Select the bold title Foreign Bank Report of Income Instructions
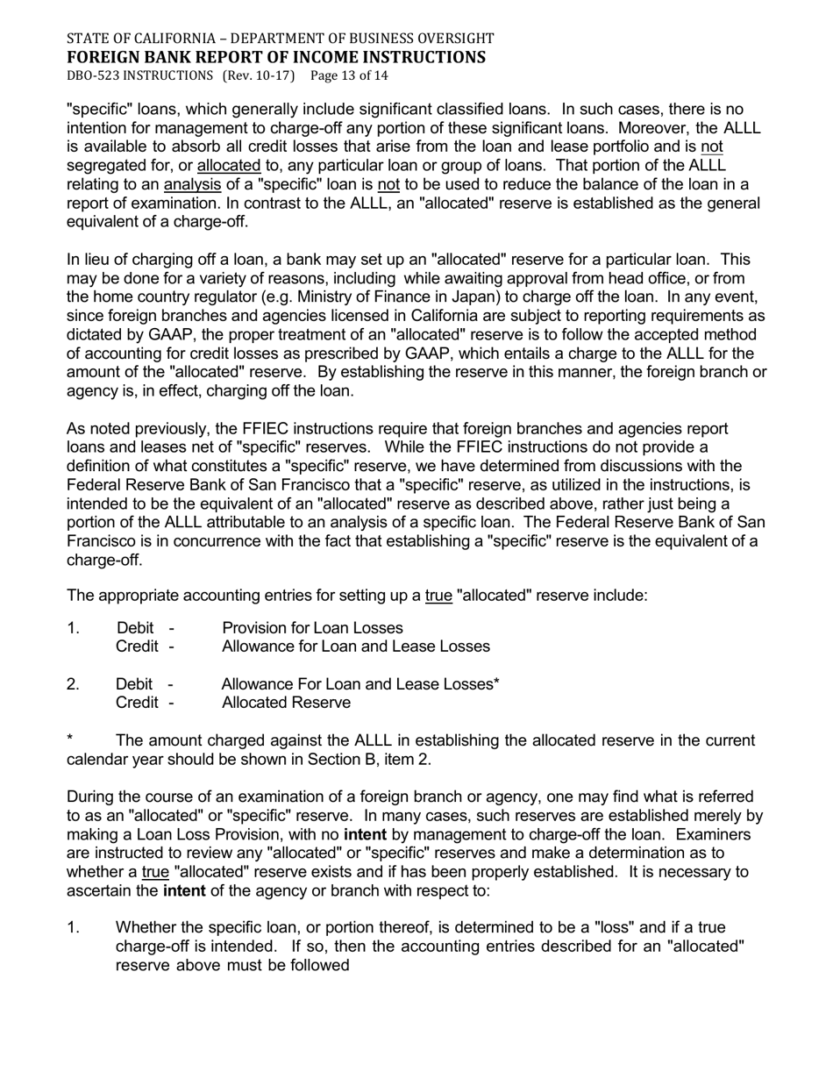click(x=275, y=57)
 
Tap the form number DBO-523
click(x=92, y=75)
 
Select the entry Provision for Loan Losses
click(x=312, y=628)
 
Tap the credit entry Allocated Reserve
click(x=286, y=703)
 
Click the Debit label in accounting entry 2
click(x=134, y=684)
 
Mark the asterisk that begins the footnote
click(x=70, y=740)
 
